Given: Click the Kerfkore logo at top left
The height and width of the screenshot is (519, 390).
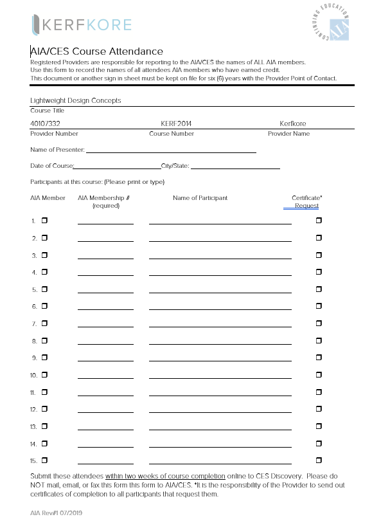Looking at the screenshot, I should click(x=81, y=25).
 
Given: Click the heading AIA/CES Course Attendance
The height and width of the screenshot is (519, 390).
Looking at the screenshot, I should click(x=97, y=51).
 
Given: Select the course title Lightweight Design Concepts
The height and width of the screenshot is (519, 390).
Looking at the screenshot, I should click(x=76, y=100).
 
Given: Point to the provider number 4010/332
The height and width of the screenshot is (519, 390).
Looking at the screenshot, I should click(x=45, y=123).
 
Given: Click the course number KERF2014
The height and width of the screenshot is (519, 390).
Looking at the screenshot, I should click(x=177, y=123).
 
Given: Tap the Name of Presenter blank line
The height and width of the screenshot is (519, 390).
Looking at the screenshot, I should click(x=171, y=151).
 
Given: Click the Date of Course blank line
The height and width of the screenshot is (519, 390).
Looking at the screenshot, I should click(x=117, y=167).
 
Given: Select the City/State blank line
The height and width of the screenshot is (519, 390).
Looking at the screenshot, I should click(x=235, y=167).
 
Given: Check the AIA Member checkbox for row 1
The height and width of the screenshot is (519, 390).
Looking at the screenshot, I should click(x=45, y=221).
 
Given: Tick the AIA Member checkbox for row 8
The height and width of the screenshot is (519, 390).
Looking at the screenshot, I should click(x=45, y=340).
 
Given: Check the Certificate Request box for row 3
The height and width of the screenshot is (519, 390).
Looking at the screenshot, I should click(x=319, y=255).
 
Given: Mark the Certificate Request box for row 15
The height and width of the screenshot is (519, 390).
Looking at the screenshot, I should click(x=319, y=460).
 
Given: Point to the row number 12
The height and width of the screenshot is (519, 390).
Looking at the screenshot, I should click(x=34, y=409).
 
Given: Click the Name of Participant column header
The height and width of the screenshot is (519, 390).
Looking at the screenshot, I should click(x=200, y=198).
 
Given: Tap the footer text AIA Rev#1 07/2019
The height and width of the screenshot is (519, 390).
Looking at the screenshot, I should click(x=57, y=513).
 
